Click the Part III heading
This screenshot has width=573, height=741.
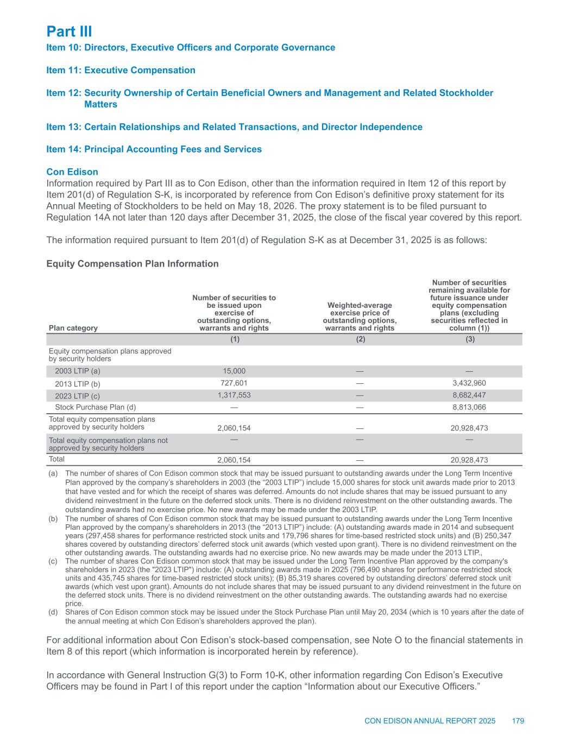point(69,31)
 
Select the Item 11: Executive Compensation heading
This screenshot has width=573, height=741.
point(121,70)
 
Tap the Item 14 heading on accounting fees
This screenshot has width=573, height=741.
point(154,149)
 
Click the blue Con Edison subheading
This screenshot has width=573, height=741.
point(72,172)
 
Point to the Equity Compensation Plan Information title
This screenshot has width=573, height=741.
point(133,264)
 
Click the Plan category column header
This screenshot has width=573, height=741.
point(73,328)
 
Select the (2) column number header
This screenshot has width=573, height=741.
point(361,339)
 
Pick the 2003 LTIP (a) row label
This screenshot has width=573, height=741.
point(78,371)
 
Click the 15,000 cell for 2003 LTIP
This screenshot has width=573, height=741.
point(234,371)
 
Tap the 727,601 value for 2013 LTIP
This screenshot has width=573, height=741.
point(234,383)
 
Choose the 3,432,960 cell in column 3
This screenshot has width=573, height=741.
point(470,383)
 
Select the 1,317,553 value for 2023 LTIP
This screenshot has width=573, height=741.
point(234,395)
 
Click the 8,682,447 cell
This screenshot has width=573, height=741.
point(470,395)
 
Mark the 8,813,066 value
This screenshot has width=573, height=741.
point(470,407)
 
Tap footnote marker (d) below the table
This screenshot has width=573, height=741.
point(53,612)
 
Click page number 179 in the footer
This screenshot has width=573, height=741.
point(518,721)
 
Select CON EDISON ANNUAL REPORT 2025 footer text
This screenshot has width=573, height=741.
point(430,721)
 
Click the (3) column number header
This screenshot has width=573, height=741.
point(470,339)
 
